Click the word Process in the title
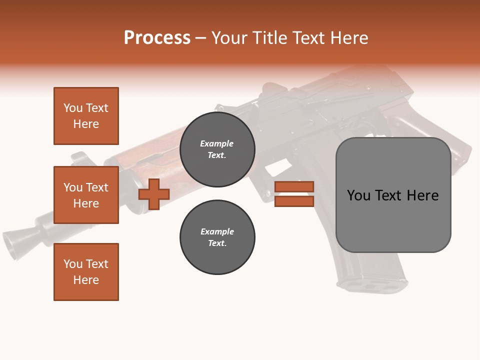point(157,38)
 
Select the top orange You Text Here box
point(86,116)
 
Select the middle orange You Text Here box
point(86,195)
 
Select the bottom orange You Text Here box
point(86,272)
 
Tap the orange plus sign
point(154,194)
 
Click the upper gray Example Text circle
point(217,149)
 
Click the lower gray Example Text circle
point(217,237)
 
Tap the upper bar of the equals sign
point(294,187)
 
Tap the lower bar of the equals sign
point(294,201)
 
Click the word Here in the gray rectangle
point(422,195)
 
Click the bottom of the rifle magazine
point(372,285)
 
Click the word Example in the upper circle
point(217,144)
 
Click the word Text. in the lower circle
point(217,243)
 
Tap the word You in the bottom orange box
point(73,264)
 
